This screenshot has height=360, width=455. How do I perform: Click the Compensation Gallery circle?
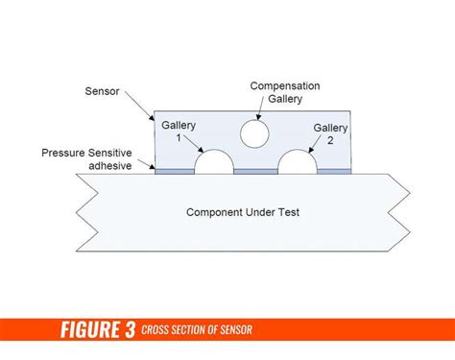click(x=254, y=133)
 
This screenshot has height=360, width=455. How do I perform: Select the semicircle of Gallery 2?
click(x=299, y=163)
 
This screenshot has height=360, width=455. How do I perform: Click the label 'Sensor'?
click(x=103, y=92)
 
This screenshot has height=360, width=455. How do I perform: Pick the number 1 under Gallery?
click(x=178, y=138)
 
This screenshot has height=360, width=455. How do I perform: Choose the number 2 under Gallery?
click(x=329, y=140)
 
